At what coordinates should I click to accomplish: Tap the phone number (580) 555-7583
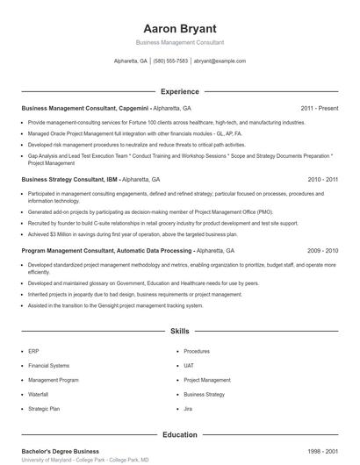[170, 61]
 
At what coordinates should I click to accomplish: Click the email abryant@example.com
[220, 61]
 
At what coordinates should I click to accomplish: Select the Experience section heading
[180, 91]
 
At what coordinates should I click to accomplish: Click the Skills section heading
[180, 332]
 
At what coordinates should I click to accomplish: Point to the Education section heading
[180, 434]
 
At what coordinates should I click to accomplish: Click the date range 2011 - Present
[319, 108]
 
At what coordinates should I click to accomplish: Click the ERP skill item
[33, 351]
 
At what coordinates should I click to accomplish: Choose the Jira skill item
[189, 409]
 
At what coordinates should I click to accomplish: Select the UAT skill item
[190, 365]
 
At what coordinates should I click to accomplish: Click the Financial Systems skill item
[48, 365]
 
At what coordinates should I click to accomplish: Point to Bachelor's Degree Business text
[61, 450]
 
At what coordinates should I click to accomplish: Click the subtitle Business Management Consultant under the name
[179, 42]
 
